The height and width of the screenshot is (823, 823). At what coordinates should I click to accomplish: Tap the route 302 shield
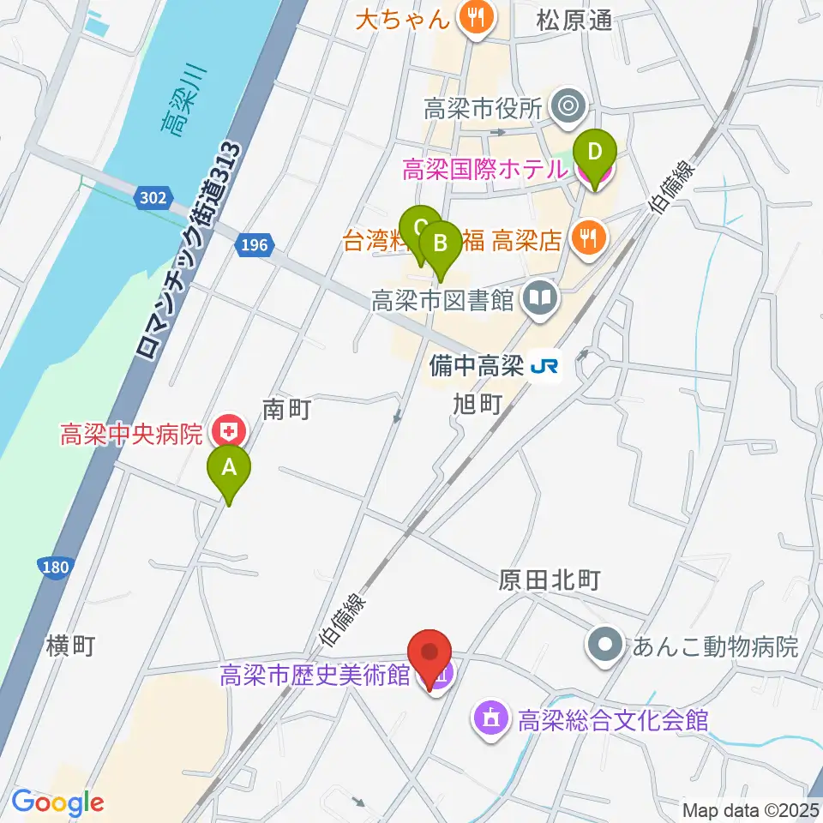click(x=150, y=198)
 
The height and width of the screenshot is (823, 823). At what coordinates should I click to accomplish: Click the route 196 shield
click(x=254, y=246)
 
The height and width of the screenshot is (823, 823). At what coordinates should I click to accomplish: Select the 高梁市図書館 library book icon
click(x=542, y=299)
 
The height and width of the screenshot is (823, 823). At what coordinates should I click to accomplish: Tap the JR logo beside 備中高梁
click(x=544, y=367)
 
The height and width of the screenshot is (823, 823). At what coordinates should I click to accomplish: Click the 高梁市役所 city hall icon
click(x=567, y=108)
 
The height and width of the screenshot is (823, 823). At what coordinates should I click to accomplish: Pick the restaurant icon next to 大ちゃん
click(x=474, y=15)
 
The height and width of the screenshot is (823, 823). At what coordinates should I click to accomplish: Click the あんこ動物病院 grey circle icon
click(x=605, y=646)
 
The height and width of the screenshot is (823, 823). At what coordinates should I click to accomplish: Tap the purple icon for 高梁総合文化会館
click(x=490, y=718)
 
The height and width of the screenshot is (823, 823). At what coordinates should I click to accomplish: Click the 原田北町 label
click(x=549, y=580)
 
